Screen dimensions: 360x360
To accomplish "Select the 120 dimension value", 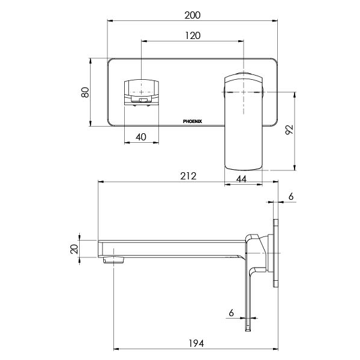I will pos(192,35).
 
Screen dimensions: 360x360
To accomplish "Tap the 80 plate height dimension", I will pos(85,92).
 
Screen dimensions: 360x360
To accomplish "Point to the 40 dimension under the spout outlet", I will pos(142,137).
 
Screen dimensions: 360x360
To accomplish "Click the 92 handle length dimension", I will pos(289,131).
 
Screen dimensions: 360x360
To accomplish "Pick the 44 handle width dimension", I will pos(242,178).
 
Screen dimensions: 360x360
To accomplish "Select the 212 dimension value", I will pos(188,176).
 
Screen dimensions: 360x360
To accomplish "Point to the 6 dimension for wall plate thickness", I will pos(291,197).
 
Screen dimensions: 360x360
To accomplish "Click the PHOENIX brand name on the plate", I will pos(193,121).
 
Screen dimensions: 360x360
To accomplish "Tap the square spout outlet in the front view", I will pos(142,90).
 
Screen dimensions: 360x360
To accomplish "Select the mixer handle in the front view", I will pos(243,120).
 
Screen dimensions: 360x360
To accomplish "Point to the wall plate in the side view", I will pos(276,255).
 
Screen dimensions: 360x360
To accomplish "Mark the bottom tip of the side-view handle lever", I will pos(247,328).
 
